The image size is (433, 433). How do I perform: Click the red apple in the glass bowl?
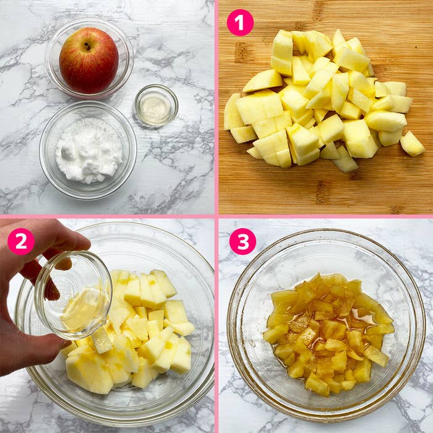click(89, 61)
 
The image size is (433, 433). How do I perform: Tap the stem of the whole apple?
click(87, 46)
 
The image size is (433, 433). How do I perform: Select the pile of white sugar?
click(89, 150)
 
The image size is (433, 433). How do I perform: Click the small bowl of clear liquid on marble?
click(156, 106)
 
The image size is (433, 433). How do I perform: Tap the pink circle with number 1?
click(240, 22)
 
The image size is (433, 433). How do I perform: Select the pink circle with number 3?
click(242, 241)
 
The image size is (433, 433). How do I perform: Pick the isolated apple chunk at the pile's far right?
click(413, 144)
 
